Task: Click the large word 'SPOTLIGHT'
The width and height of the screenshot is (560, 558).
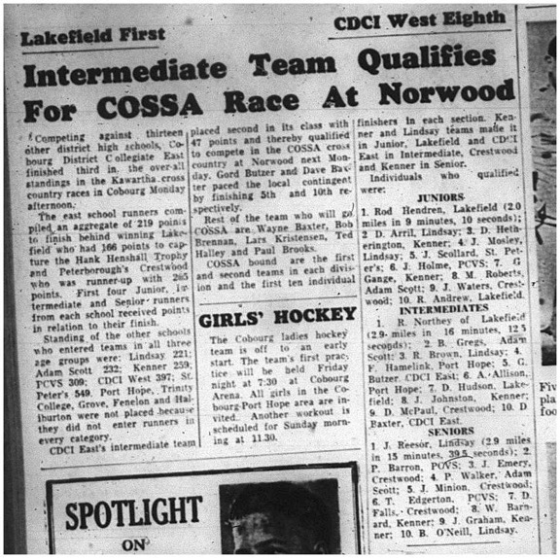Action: click(121, 508)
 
